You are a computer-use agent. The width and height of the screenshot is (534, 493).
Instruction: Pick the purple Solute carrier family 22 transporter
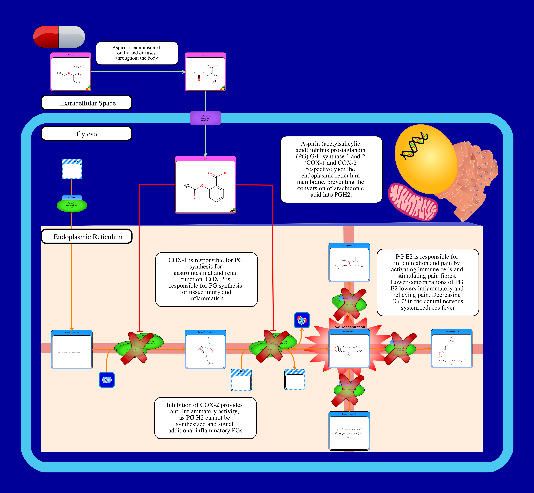click(205, 118)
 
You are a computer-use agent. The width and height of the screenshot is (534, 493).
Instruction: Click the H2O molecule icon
click(302, 320)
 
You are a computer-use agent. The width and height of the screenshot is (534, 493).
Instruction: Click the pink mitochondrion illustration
click(413, 202)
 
